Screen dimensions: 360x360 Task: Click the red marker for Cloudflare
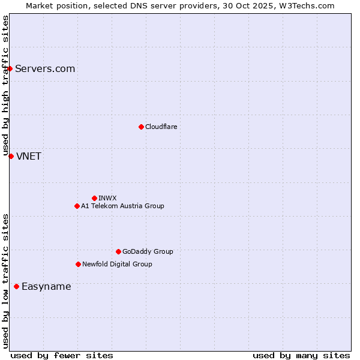(141, 127)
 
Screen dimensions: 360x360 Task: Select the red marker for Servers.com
(10, 68)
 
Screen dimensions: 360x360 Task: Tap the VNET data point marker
(11, 156)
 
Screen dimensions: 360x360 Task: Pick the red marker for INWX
(94, 198)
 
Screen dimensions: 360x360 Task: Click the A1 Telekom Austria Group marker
(77, 206)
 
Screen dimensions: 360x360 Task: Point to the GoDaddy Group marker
(118, 251)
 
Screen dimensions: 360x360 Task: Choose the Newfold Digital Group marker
(78, 264)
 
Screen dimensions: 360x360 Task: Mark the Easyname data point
(16, 286)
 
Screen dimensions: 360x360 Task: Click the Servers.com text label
(45, 68)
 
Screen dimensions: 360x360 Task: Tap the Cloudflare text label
(161, 127)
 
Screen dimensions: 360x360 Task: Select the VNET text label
(29, 156)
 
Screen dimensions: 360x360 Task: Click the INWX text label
(107, 198)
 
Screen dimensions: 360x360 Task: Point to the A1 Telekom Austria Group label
(122, 206)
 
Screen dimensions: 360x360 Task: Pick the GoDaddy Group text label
(148, 251)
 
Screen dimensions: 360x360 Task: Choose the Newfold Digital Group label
(117, 264)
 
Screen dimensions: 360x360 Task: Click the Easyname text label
(46, 286)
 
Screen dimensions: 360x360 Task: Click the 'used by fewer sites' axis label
(62, 355)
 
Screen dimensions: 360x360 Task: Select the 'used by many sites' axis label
(301, 355)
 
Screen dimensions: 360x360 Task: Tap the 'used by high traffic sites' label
(5, 85)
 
